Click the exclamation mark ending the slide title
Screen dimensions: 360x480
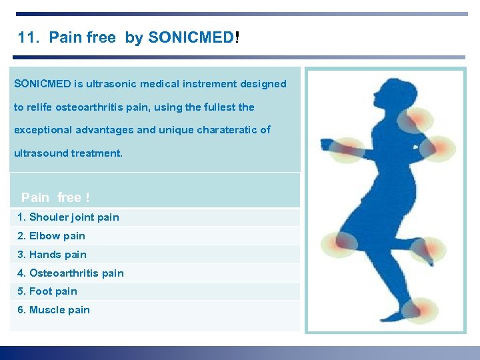(x=237, y=38)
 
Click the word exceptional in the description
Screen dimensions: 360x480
(x=41, y=130)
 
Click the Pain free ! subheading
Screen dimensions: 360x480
(x=55, y=197)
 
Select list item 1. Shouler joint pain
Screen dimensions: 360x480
(x=68, y=217)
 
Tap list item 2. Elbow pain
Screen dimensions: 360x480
(x=51, y=236)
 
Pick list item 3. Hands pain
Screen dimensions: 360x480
(x=52, y=255)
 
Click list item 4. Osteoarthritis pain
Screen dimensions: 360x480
(x=71, y=273)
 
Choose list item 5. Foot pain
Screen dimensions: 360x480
(x=47, y=291)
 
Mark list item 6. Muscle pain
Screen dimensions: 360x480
(x=53, y=310)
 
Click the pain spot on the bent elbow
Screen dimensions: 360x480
(x=441, y=147)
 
